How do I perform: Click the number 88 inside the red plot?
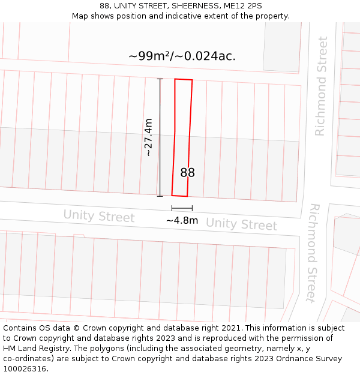(x=187, y=173)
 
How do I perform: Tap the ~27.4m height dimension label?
(x=148, y=137)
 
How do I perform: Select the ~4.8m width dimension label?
(x=182, y=220)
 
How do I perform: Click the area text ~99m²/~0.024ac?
(x=182, y=56)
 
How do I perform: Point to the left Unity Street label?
(x=99, y=215)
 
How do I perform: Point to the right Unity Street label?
(x=241, y=224)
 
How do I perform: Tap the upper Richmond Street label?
(x=322, y=86)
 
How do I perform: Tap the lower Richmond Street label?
(x=311, y=252)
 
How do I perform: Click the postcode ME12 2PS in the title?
(x=243, y=6)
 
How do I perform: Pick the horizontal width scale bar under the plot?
(x=182, y=208)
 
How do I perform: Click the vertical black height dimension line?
(x=160, y=137)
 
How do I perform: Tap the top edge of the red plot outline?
(x=184, y=79)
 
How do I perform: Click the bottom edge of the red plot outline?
(x=180, y=196)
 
